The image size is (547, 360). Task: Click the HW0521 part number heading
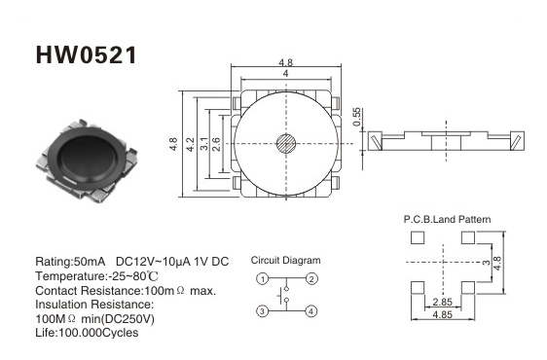pos(87,55)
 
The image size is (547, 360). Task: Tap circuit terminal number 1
pos(263,278)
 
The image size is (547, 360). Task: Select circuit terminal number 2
pos(311,278)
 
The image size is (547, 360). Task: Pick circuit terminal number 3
pos(263,310)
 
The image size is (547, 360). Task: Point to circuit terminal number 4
pos(311,310)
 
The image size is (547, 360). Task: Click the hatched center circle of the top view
pos(286,143)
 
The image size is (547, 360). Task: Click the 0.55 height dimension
pos(356,117)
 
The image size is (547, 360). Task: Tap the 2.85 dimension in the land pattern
pos(442,302)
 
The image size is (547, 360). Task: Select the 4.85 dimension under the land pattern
pos(442,314)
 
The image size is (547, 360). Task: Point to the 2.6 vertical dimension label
pos(216,144)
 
